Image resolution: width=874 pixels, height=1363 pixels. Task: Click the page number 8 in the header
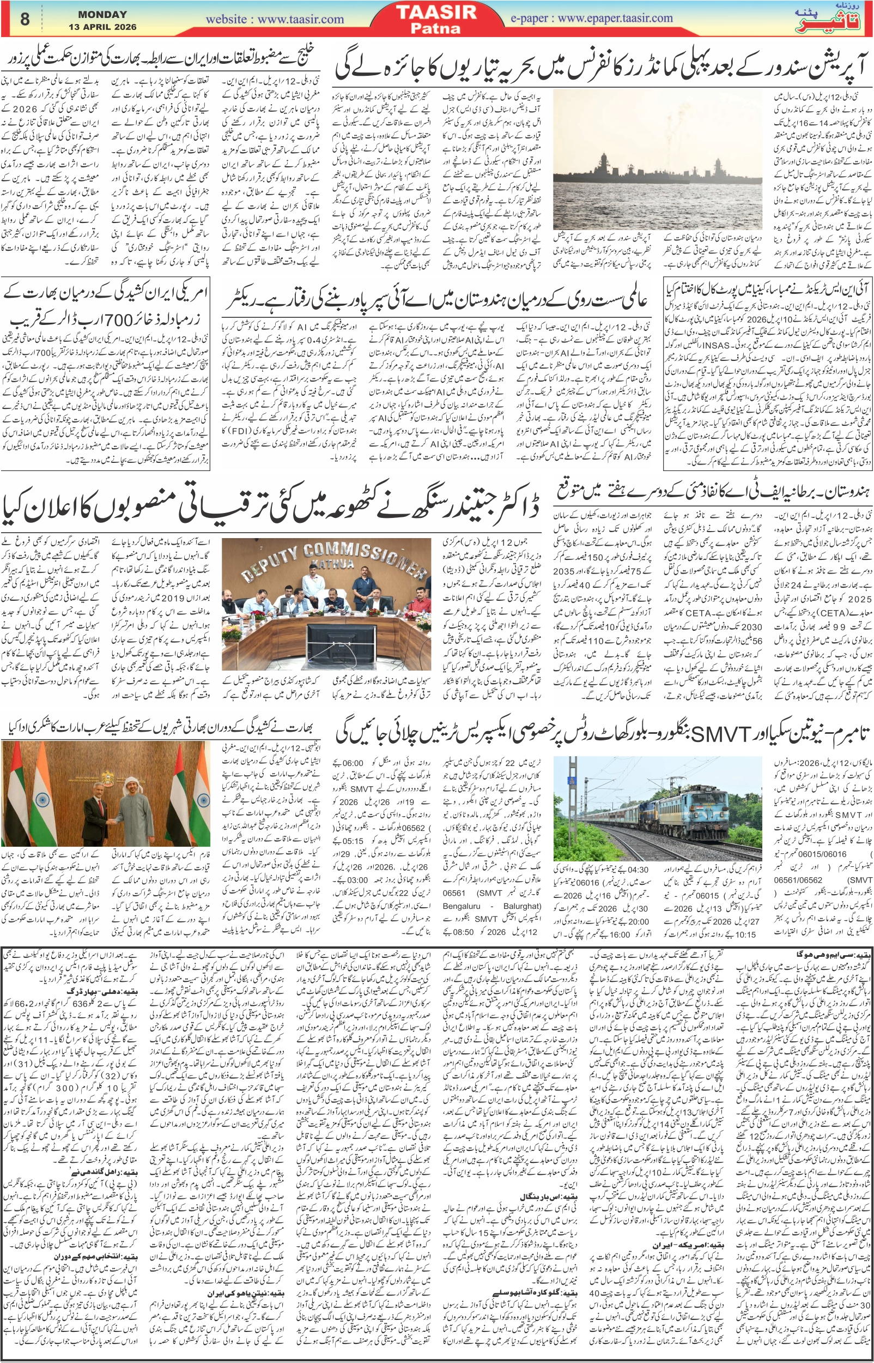(24, 19)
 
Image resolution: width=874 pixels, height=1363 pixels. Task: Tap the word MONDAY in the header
(102, 14)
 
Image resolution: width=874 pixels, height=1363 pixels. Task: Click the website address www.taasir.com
(275, 19)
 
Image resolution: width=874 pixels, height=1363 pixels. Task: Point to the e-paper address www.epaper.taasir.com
(591, 18)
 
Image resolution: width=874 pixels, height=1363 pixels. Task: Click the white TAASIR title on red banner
(436, 13)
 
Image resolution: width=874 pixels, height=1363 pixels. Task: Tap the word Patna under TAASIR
(436, 28)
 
